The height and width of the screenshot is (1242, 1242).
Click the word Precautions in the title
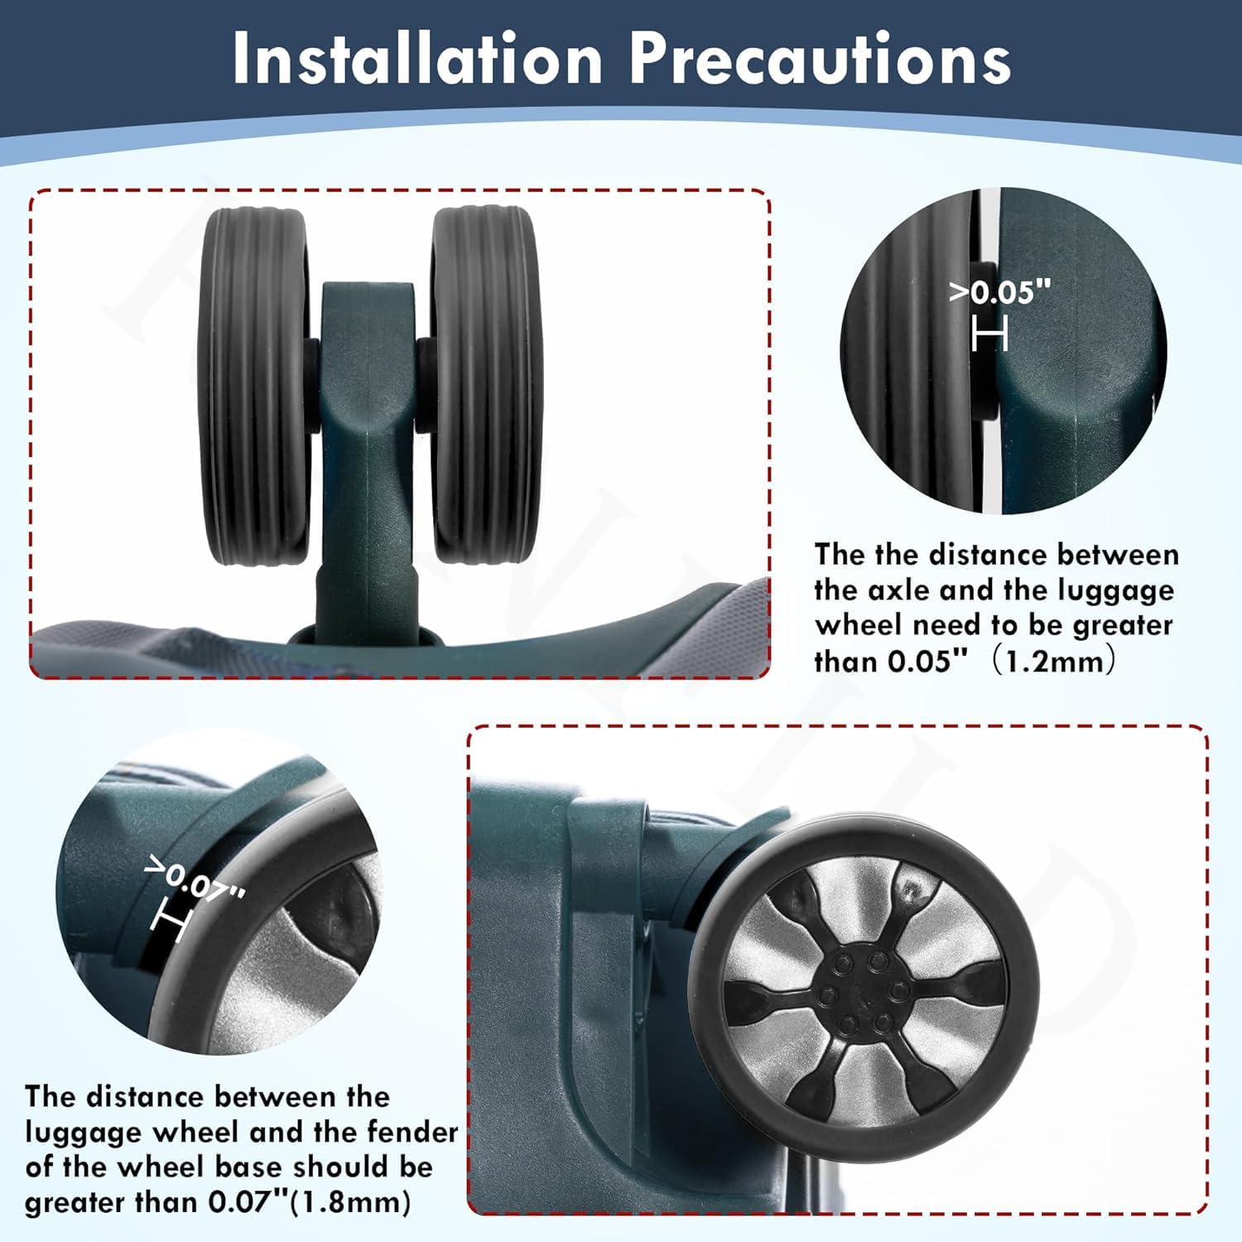[820, 59]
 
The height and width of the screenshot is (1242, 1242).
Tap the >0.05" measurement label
[1000, 292]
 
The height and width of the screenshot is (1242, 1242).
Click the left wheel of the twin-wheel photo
[255, 385]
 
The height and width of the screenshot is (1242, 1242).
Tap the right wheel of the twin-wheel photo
[484, 385]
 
